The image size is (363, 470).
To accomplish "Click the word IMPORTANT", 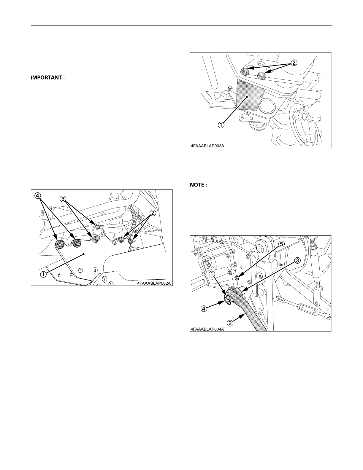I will click(47, 78).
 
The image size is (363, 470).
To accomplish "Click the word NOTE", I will click(197, 185).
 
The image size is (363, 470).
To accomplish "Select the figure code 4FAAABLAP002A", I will click(154, 283).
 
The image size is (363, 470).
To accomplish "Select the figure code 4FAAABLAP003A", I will click(207, 146).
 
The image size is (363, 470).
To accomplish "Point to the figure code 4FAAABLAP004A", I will click(207, 329).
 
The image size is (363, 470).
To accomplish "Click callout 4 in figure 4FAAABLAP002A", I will click(37, 196).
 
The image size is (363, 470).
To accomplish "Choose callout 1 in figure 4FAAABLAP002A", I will click(43, 274).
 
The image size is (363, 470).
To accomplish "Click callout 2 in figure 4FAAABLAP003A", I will click(294, 63).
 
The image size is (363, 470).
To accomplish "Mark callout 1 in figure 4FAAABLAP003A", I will click(221, 125).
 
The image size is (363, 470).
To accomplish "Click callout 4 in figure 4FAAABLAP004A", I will click(204, 308).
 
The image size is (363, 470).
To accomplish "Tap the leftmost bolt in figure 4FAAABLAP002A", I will click(59, 244).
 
